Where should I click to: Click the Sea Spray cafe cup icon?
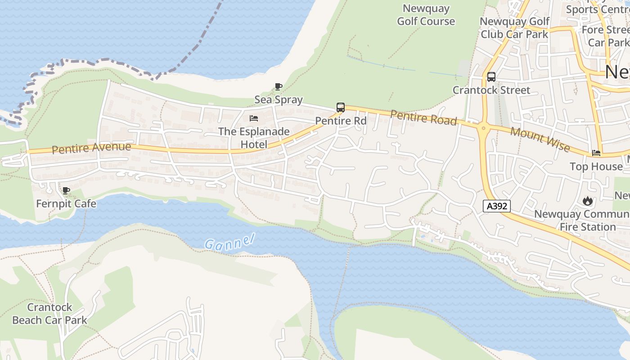coord(279,86)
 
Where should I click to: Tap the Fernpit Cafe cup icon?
coord(66,190)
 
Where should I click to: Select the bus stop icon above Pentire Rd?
coord(341,108)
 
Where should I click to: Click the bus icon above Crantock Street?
coord(491,77)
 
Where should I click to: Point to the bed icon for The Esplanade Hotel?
coord(254,118)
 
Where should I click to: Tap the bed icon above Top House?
coord(596,153)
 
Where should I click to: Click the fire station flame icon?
coord(587,201)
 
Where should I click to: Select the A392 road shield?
coord(497,206)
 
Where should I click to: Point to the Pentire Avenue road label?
coord(91,148)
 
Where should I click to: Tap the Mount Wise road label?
coord(540,139)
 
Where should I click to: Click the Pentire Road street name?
coord(423,117)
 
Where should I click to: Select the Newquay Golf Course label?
coord(426,15)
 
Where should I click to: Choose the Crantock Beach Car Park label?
coord(49,314)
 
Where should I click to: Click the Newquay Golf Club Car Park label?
coord(514,28)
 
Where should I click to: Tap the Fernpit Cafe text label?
coord(66,204)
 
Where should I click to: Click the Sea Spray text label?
coord(279,99)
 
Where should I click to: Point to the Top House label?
coord(596,166)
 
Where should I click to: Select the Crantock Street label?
coord(491,90)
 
